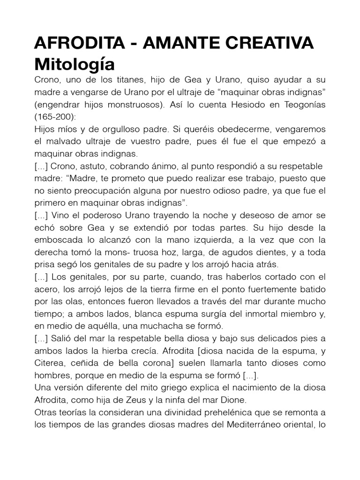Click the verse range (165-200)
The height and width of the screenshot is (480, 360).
pyautogui.click(x=56, y=116)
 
